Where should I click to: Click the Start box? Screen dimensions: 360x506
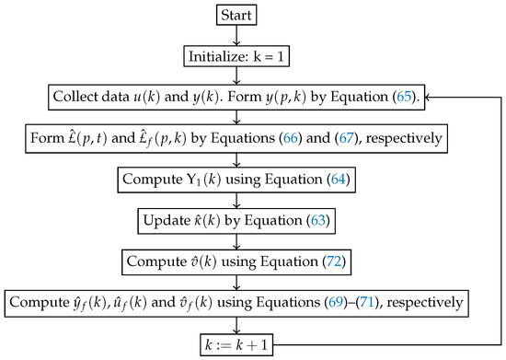237,15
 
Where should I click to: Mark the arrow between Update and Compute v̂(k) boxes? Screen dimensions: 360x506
237,240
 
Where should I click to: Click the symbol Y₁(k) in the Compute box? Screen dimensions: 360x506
206,180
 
